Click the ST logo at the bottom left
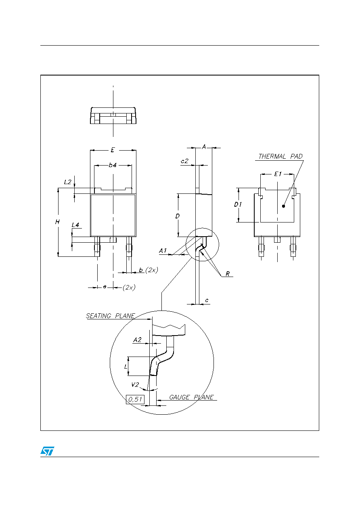click(47, 451)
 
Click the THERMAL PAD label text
click(280, 156)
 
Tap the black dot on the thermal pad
click(284, 206)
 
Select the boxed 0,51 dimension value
click(135, 399)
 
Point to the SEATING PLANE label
click(110, 316)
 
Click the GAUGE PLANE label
click(191, 397)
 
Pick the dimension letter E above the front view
click(113, 150)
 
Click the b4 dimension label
click(113, 165)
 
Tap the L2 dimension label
click(67, 182)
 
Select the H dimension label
click(57, 222)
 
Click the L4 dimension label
click(75, 225)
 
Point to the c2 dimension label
click(184, 161)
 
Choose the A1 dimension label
click(163, 251)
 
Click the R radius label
click(228, 274)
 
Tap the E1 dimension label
click(278, 174)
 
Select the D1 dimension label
click(238, 204)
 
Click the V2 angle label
click(135, 384)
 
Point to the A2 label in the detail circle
click(137, 340)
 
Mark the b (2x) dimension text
click(149, 270)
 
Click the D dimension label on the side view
click(178, 216)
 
